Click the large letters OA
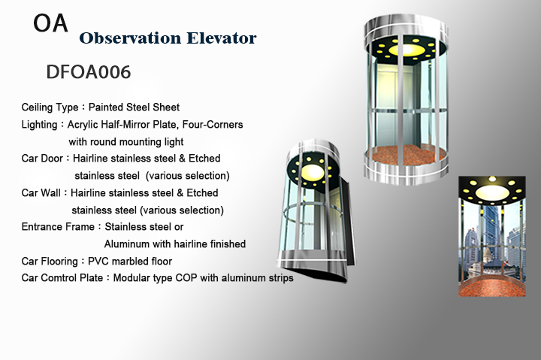[x=50, y=23]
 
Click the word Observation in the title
[x=130, y=38]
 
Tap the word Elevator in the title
[x=222, y=38]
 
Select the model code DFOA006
[x=89, y=72]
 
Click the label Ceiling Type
[x=50, y=107]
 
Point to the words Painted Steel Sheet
[x=134, y=107]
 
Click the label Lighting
[x=39, y=125]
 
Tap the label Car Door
[x=42, y=159]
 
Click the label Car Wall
[x=41, y=192]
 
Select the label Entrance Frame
[x=58, y=227]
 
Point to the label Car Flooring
[x=50, y=262]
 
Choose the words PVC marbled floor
[x=130, y=262]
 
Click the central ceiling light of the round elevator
[x=408, y=50]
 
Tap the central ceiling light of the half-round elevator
[x=313, y=172]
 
